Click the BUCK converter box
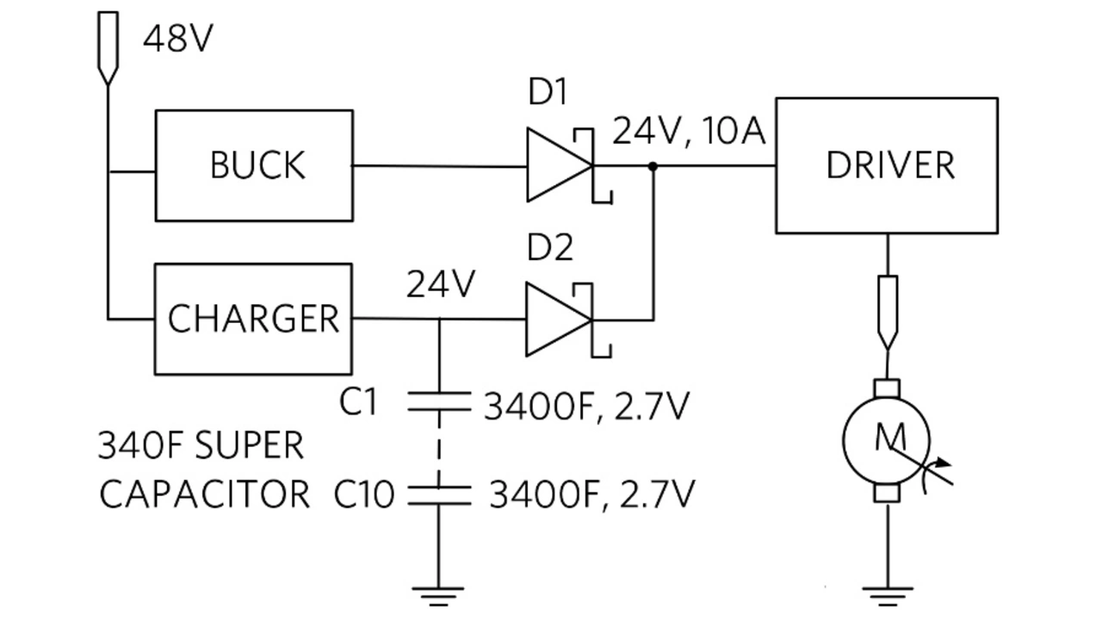click(x=254, y=165)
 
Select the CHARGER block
click(x=253, y=319)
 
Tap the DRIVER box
click(x=887, y=165)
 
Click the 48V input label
click(x=176, y=39)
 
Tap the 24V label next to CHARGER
click(x=440, y=284)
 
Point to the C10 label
click(x=364, y=494)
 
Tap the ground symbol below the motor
click(x=887, y=593)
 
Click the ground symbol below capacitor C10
click(x=439, y=593)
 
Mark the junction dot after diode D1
click(x=653, y=165)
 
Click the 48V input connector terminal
click(x=107, y=47)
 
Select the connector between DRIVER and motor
click(x=887, y=310)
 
